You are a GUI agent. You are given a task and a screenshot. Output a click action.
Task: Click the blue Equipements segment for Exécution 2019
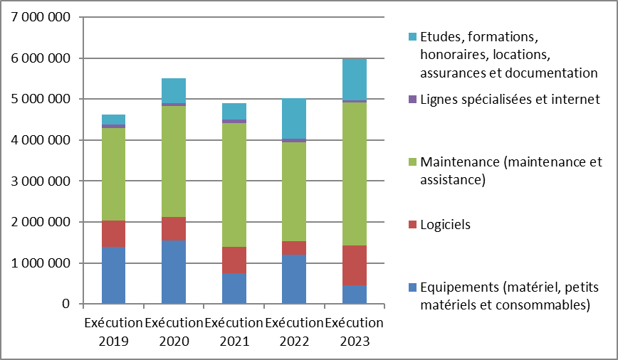coord(113,275)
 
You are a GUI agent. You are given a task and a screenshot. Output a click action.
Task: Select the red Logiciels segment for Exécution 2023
coord(355,265)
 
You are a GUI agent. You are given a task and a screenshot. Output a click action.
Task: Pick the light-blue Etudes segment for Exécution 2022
coord(294,118)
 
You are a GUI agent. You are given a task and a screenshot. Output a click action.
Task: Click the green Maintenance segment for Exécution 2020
coord(174,161)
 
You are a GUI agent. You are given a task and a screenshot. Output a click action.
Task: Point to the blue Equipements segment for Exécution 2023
coord(355,295)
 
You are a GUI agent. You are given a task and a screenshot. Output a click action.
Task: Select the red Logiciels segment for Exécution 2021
coord(234,260)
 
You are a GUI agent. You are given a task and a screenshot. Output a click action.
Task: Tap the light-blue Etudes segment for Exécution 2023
coord(355,79)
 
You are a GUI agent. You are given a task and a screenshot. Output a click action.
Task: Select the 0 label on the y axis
coord(66,305)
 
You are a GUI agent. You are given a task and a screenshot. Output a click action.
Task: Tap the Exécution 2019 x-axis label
coord(113,332)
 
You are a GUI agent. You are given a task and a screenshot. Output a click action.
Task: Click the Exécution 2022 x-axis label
coord(294,332)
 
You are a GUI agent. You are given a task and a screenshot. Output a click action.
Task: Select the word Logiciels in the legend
coord(446,225)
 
